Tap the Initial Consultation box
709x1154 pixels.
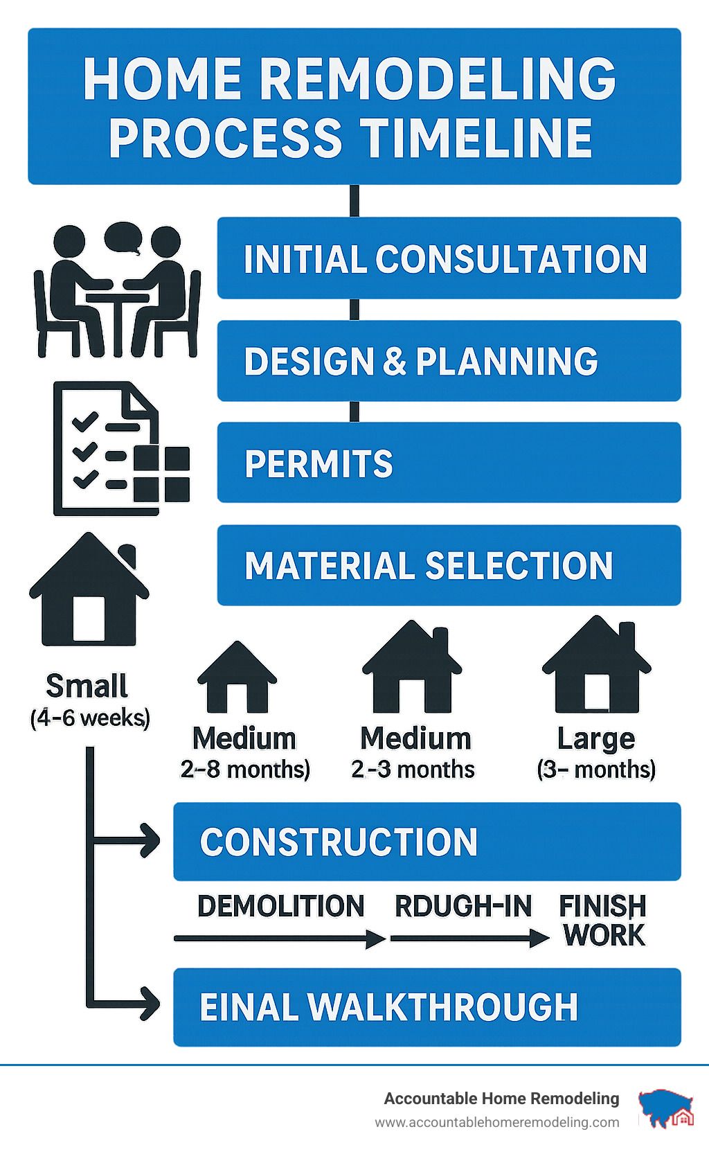pyautogui.click(x=449, y=258)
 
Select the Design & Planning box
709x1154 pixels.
pyautogui.click(x=449, y=361)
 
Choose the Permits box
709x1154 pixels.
pyautogui.click(x=449, y=462)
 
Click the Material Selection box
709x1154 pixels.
pyautogui.click(x=449, y=565)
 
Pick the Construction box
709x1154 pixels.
pyautogui.click(x=427, y=842)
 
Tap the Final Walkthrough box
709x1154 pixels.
pyautogui.click(x=427, y=1007)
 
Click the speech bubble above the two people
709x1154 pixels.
pyautogui.click(x=123, y=238)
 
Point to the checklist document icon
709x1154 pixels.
pyautogui.click(x=122, y=448)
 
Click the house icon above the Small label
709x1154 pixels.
pyautogui.click(x=89, y=589)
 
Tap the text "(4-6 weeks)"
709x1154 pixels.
pyautogui.click(x=90, y=718)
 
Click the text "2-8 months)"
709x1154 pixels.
pyautogui.click(x=245, y=769)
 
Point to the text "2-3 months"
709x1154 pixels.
pyautogui.click(x=413, y=769)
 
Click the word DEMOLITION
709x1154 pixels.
pyautogui.click(x=280, y=906)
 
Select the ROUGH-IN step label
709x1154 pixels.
pyautogui.click(x=463, y=906)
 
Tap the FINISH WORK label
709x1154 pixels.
pyautogui.click(x=603, y=921)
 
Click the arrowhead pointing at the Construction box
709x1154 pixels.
pyautogui.click(x=150, y=841)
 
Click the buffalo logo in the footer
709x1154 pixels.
pyautogui.click(x=666, y=1108)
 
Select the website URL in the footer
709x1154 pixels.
pyautogui.click(x=497, y=1123)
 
